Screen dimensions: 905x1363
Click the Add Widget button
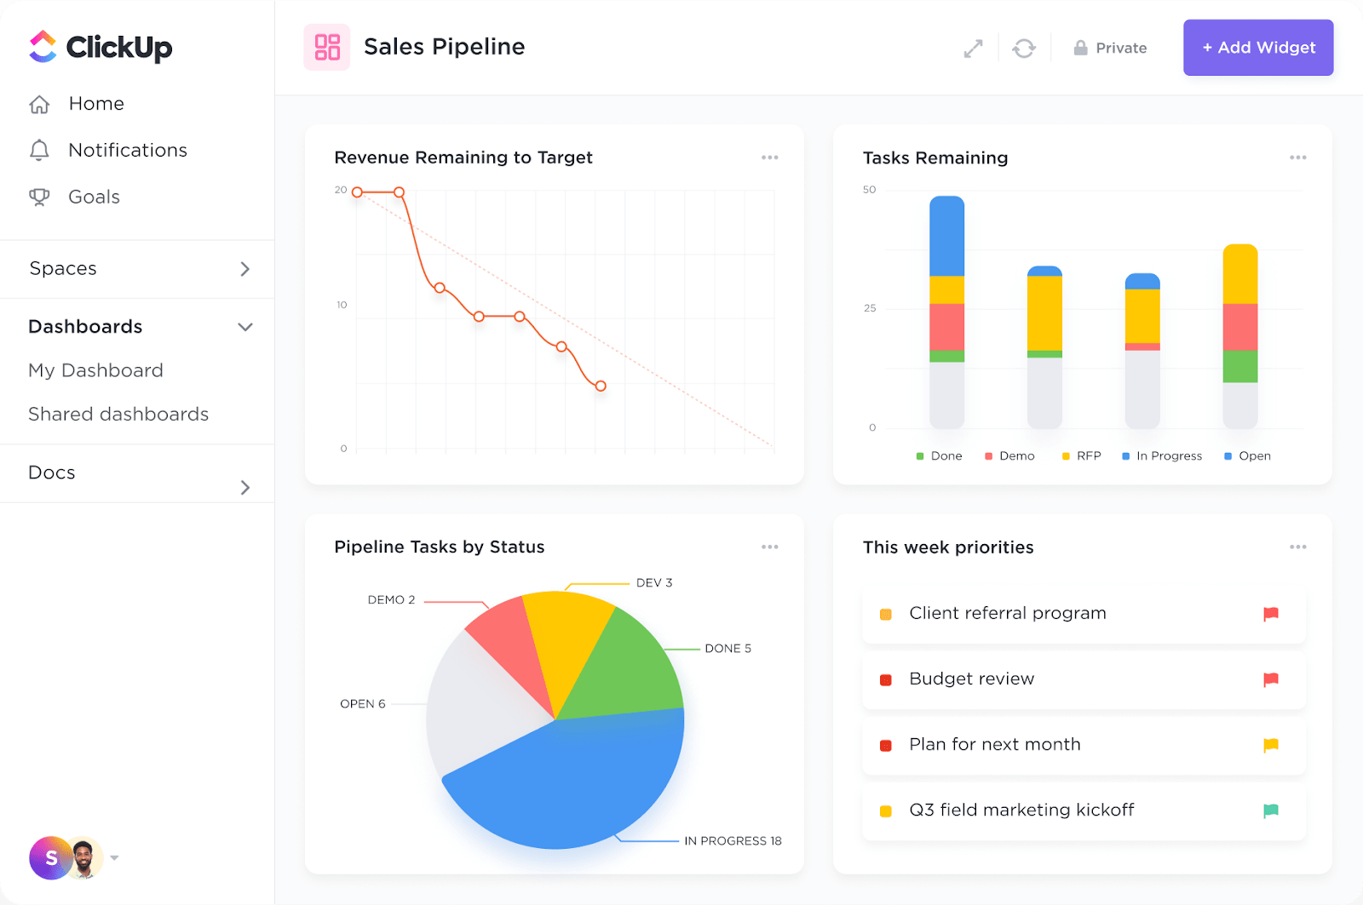(1257, 48)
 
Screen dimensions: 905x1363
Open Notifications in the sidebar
(127, 150)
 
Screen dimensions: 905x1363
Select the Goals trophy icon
(39, 197)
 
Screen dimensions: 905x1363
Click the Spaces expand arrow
(245, 269)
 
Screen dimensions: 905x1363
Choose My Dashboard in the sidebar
(95, 370)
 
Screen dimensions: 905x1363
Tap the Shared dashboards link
(118, 414)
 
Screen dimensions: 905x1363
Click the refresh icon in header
(1024, 49)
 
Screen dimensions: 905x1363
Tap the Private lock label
(1110, 49)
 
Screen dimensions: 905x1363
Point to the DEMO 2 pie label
(391, 600)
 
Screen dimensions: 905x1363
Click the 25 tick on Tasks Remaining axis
(870, 308)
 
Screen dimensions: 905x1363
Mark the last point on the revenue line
(601, 386)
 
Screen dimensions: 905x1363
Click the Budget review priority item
(971, 679)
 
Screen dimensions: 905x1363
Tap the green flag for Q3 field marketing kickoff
(1270, 810)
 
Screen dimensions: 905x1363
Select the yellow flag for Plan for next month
(1270, 745)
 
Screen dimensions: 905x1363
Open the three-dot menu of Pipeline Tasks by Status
(769, 547)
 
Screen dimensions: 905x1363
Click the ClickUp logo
(101, 48)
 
